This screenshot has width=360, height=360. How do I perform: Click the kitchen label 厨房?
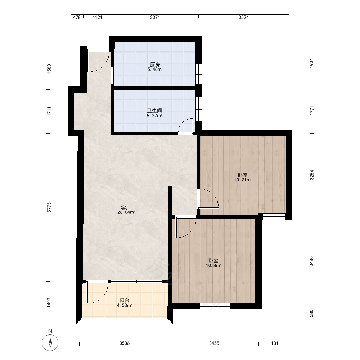(x=155, y=64)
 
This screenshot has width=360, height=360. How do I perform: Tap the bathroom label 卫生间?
(x=154, y=111)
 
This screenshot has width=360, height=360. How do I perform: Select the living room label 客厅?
(x=126, y=208)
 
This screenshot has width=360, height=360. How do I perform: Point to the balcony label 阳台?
(x=125, y=300)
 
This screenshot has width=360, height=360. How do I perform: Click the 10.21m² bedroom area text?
(x=243, y=180)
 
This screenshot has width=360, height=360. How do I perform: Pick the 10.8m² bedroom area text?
(x=213, y=266)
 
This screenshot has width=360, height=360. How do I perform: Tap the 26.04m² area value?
(x=126, y=213)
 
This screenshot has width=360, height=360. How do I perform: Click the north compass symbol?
(x=50, y=343)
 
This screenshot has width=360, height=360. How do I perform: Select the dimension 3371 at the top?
(x=155, y=17)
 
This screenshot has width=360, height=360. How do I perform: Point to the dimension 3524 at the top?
(x=244, y=17)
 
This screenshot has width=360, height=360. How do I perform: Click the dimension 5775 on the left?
(x=49, y=207)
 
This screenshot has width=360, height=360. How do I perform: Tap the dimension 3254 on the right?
(x=311, y=175)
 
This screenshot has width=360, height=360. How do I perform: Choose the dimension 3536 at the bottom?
(x=125, y=343)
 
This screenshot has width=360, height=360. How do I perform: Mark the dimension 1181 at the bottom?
(x=273, y=343)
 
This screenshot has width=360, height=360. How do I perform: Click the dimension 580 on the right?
(x=311, y=314)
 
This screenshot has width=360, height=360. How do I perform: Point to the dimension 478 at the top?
(x=77, y=17)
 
